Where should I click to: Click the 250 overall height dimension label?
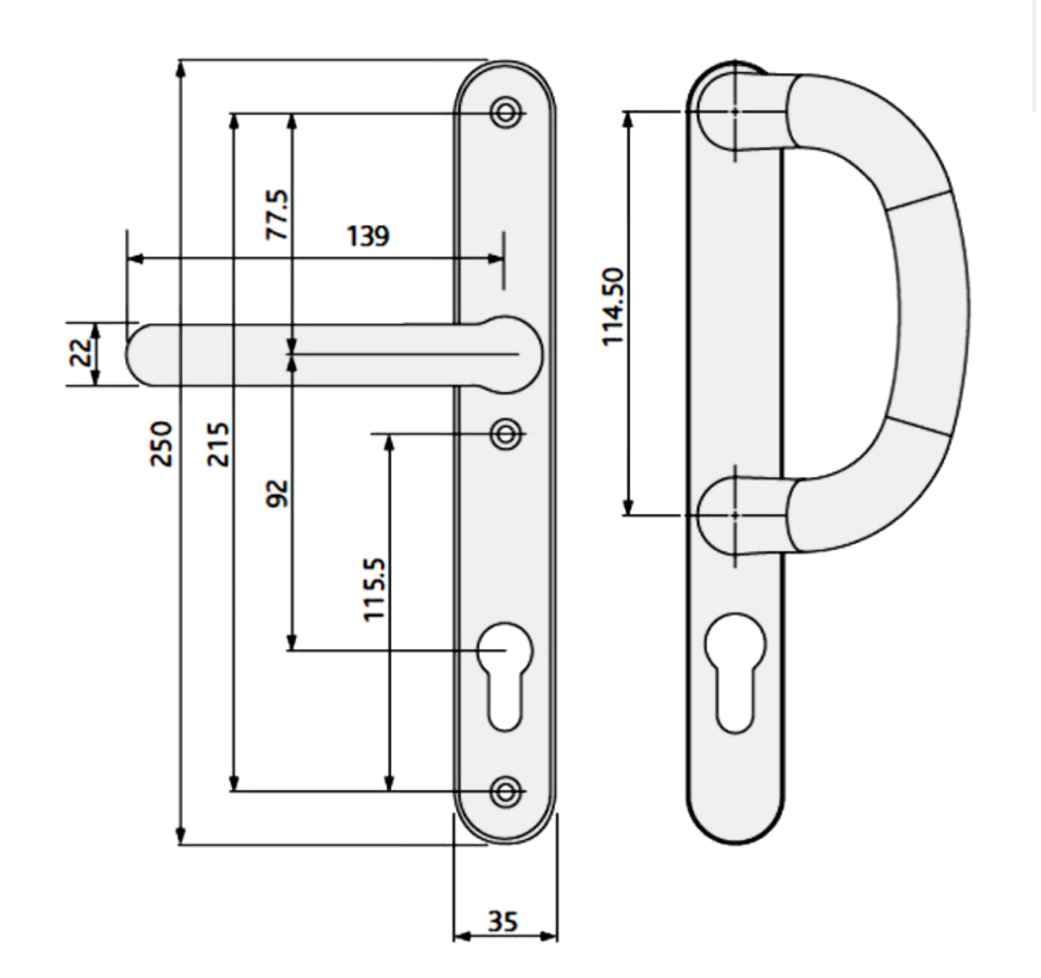pos(162,443)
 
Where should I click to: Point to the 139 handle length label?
pos(368,236)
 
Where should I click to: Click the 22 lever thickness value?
pos(81,353)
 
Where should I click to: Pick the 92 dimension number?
pos(278,493)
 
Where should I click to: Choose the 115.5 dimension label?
pos(374,589)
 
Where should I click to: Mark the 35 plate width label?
pos(503,920)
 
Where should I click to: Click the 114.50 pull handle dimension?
pos(614,307)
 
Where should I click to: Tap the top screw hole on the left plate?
pos(505,113)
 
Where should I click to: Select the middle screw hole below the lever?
pos(505,434)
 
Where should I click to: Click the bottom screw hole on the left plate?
pos(505,791)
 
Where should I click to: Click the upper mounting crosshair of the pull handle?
pos(735,111)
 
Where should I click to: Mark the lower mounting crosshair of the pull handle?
pos(735,515)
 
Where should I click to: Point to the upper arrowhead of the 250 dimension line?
pos(181,69)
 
